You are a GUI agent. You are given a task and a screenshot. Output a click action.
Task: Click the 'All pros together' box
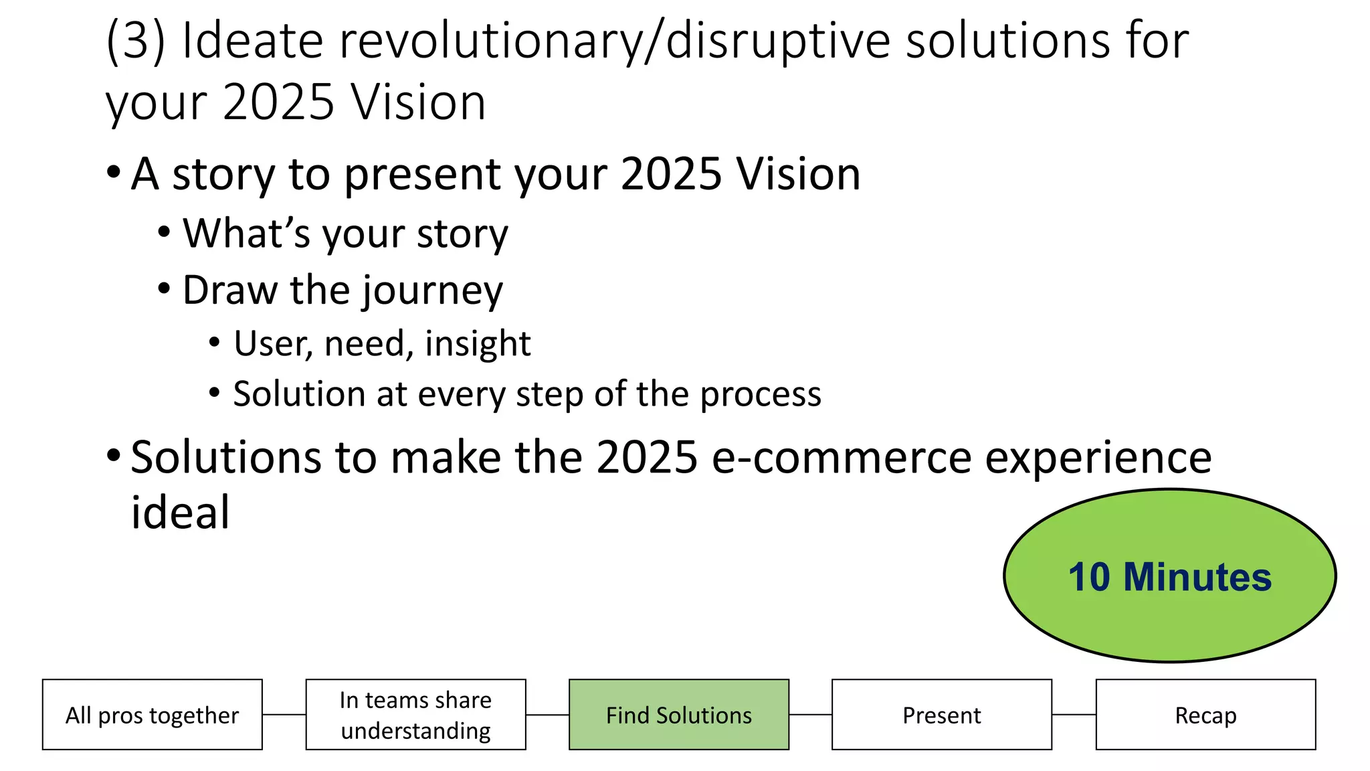152,715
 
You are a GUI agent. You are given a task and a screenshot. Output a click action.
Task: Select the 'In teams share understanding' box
415,715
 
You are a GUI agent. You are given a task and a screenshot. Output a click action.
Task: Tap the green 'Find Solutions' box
678,715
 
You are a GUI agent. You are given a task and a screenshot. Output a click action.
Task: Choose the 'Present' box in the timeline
941,715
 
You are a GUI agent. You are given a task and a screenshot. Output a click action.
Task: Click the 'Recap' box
1205,715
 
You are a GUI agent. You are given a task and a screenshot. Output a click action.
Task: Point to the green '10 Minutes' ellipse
1169,576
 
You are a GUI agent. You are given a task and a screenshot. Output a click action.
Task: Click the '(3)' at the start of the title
135,41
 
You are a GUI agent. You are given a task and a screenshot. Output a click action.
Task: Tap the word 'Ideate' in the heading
253,41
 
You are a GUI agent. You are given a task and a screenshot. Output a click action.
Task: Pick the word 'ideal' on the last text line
180,513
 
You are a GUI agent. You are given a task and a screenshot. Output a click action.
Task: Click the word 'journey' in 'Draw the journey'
432,290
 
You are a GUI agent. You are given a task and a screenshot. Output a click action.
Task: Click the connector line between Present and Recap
1074,715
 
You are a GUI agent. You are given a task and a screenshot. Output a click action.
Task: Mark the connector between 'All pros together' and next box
284,715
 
